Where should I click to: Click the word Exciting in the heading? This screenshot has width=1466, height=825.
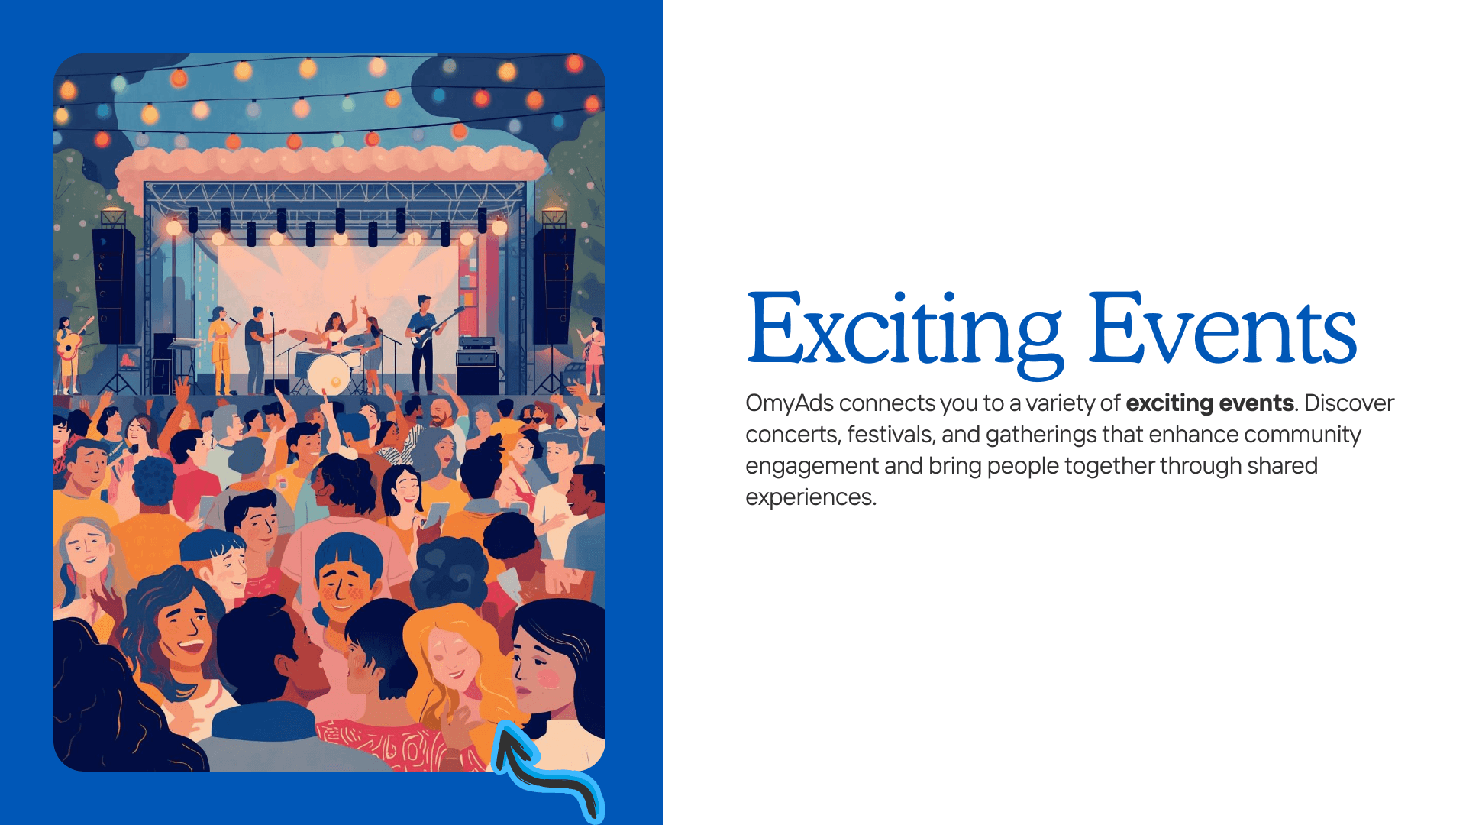(x=904, y=331)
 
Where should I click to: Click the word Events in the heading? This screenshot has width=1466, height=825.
(x=1222, y=331)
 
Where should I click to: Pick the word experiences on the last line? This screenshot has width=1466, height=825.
(x=809, y=497)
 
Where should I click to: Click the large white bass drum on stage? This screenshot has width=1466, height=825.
(x=329, y=373)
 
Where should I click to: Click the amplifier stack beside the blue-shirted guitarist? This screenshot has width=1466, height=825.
(x=477, y=367)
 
